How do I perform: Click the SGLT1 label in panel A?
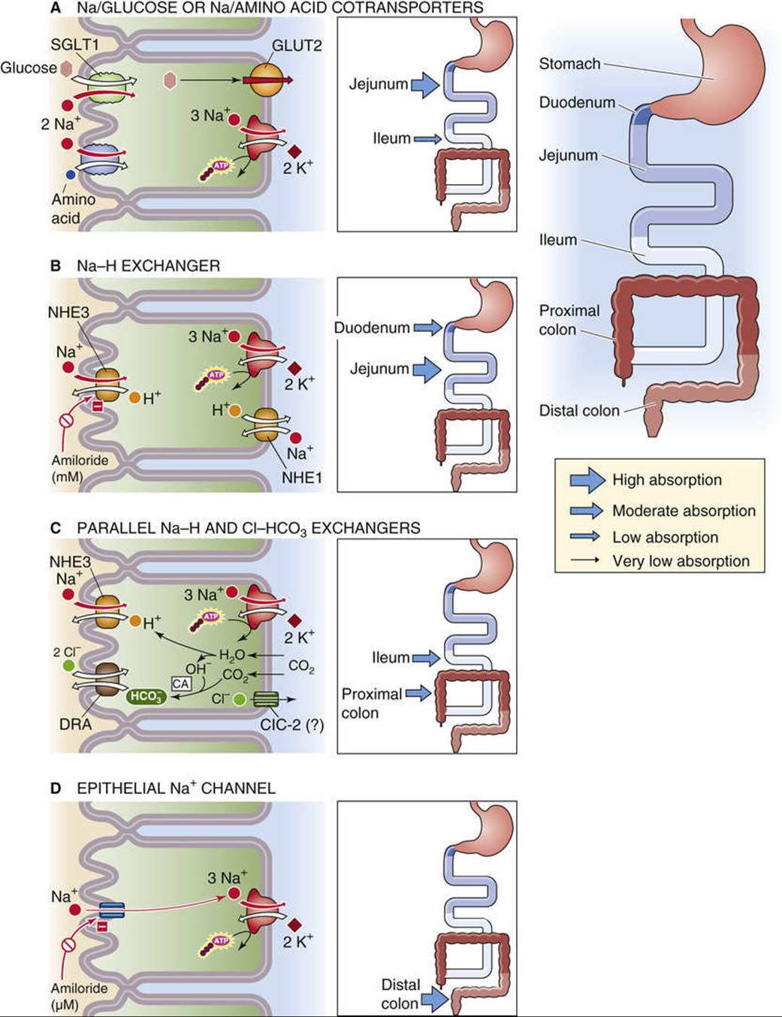tap(75, 45)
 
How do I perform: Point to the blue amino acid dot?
tap(70, 174)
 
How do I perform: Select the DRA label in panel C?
tap(75, 724)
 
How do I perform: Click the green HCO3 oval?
tap(146, 696)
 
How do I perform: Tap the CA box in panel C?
tap(180, 684)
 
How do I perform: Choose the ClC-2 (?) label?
tap(292, 725)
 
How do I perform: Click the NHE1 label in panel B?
tap(302, 478)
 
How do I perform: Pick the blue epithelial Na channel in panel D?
tap(112, 910)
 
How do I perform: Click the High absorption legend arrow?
tap(587, 480)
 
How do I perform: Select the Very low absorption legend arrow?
tap(584, 560)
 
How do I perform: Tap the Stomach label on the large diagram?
tap(569, 64)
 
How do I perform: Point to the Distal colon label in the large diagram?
tap(579, 410)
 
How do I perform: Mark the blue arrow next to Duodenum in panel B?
tap(427, 327)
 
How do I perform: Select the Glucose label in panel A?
tap(29, 68)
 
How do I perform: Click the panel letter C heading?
tap(56, 528)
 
